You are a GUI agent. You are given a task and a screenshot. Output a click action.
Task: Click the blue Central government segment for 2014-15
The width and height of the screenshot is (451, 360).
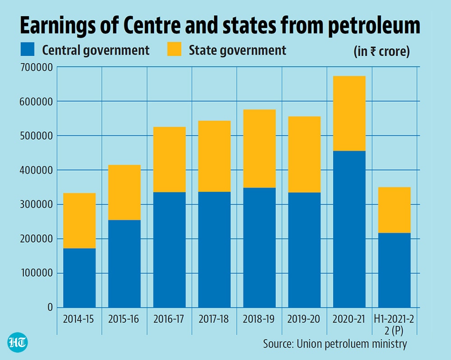point(79,278)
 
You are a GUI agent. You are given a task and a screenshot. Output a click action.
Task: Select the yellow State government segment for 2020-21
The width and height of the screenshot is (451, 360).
point(349,114)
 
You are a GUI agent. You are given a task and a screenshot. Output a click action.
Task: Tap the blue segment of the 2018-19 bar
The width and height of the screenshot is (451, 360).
point(259,248)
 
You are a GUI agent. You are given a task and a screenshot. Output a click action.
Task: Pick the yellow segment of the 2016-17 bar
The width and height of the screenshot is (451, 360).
point(170,159)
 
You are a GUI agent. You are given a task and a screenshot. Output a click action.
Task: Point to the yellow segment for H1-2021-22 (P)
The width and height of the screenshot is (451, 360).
point(394,210)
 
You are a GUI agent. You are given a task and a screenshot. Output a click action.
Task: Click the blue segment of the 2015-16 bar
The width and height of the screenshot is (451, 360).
point(124,264)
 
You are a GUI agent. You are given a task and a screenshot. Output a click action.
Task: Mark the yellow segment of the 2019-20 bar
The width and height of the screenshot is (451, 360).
point(304,155)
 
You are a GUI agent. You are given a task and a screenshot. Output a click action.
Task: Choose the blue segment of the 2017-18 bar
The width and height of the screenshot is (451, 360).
point(215,250)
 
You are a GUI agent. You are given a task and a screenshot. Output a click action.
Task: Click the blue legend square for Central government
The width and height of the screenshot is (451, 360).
point(28,49)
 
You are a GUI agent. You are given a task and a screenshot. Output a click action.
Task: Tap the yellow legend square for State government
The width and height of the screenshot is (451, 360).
point(174,49)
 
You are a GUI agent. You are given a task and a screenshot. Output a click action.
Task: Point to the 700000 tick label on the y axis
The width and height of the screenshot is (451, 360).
point(37,68)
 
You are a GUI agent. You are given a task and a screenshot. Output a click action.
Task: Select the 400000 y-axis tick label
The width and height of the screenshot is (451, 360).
point(37,170)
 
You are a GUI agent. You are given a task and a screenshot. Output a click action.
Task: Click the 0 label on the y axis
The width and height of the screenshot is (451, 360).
point(51,307)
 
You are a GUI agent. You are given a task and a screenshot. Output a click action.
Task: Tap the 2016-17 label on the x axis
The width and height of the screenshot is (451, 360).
point(169,319)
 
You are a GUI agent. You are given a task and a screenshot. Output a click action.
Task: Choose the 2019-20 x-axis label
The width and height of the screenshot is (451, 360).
point(304,319)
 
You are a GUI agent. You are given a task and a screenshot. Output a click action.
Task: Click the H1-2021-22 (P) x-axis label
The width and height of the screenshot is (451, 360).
point(394,325)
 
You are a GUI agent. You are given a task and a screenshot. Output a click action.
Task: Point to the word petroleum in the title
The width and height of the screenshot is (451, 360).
point(374,26)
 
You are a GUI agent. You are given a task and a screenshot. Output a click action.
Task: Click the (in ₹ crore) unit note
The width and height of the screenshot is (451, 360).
point(382,51)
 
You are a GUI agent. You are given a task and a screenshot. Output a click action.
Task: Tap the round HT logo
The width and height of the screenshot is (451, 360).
point(18,342)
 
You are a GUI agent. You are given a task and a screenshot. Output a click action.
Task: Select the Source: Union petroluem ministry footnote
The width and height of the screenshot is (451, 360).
point(335,344)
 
